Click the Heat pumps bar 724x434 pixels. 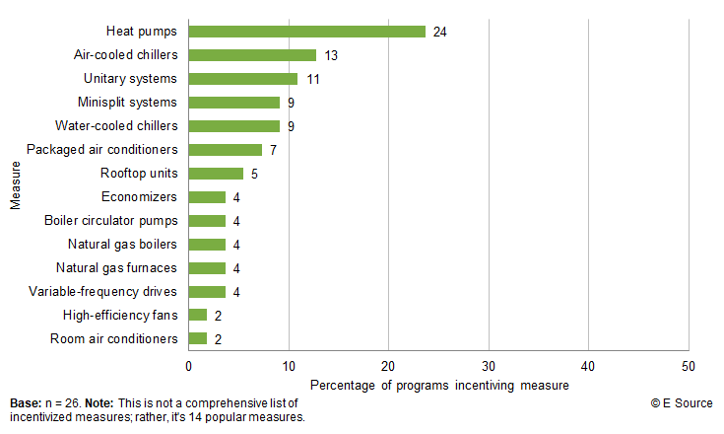306,32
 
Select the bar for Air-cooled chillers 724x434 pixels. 252,55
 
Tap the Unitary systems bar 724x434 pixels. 242,79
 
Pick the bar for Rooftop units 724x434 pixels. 216,174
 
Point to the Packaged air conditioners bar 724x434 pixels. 226,150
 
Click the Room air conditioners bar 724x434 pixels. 198,339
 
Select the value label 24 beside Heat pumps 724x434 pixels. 439,32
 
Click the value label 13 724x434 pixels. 331,55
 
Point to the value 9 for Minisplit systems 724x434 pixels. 292,103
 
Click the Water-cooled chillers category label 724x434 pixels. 116,126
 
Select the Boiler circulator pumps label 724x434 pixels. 111,221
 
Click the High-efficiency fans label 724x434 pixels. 119,316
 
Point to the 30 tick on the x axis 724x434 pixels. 489,366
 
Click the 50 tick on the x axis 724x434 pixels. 688,366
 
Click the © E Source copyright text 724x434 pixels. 683,403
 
